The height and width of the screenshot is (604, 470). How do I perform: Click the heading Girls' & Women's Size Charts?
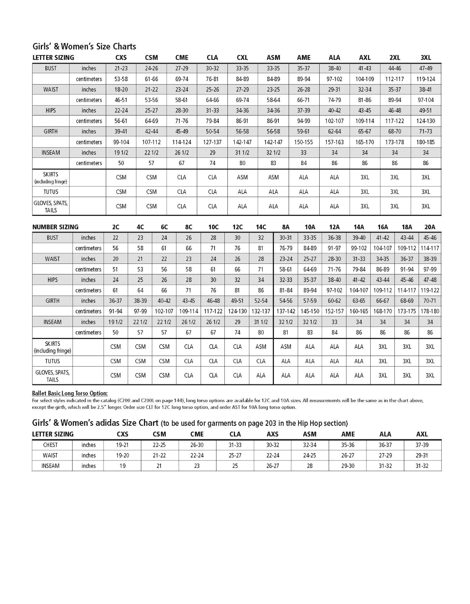click(84, 46)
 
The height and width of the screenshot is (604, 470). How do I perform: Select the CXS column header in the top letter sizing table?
click(121, 58)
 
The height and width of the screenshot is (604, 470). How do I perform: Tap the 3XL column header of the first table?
click(426, 58)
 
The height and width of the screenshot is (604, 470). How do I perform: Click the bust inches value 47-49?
click(426, 68)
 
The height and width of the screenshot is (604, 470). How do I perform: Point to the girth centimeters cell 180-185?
click(426, 142)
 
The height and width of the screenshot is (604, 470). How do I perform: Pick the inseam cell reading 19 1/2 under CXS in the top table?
click(121, 153)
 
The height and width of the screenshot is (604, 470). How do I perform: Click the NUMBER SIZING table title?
click(56, 227)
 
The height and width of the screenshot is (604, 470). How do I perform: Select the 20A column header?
click(430, 227)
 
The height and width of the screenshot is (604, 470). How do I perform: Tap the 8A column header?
click(286, 227)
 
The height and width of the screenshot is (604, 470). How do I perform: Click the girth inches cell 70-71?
click(430, 301)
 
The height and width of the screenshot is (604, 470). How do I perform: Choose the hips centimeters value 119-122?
click(430, 290)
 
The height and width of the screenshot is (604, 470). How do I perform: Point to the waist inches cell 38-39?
click(430, 259)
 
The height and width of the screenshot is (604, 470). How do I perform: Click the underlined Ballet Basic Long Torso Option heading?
click(70, 393)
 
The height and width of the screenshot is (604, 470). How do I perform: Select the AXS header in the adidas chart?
click(272, 435)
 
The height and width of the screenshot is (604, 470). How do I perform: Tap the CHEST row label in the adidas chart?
click(51, 445)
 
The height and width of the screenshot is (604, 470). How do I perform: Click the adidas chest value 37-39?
click(422, 445)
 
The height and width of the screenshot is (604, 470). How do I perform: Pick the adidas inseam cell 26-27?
click(272, 466)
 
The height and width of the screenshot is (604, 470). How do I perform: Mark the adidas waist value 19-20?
click(122, 456)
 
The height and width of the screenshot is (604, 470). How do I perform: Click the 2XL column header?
click(395, 58)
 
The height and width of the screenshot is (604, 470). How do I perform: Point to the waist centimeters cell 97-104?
click(426, 100)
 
